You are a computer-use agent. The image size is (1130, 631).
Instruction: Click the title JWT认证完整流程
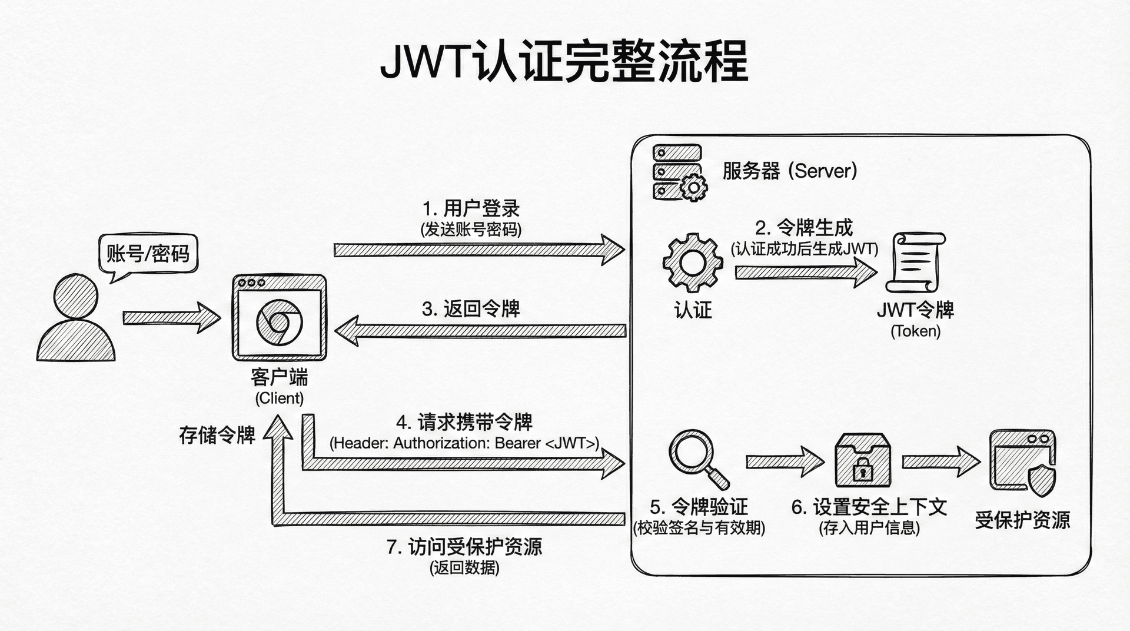[564, 61]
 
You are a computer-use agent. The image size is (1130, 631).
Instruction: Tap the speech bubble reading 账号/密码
[148, 254]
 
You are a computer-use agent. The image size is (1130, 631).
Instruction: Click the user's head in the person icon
[75, 295]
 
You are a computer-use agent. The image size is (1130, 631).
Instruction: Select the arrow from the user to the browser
[171, 318]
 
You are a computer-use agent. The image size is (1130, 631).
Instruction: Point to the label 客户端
[279, 377]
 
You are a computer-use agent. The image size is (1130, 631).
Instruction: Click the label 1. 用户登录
[471, 208]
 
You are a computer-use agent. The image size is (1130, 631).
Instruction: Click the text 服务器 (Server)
[789, 171]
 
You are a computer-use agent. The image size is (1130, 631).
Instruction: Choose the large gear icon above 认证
[692, 263]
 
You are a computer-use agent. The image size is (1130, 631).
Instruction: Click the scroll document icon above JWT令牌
[915, 263]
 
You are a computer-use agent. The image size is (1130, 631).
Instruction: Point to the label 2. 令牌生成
[803, 228]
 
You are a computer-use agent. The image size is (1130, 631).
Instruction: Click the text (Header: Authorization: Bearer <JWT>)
[464, 443]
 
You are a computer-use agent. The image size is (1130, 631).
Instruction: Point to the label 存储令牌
[217, 435]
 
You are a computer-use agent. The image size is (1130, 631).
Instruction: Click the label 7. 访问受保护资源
[464, 547]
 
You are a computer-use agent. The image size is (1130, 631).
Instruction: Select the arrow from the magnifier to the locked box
[784, 461]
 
